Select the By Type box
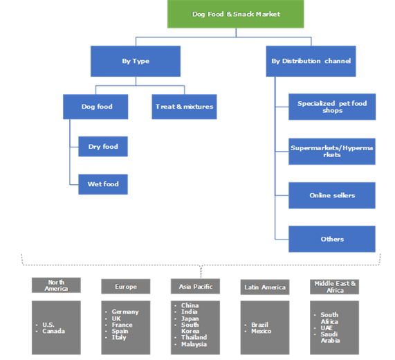(x=135, y=61)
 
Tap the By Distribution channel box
(x=309, y=61)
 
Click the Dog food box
(x=97, y=107)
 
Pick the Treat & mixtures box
(x=183, y=107)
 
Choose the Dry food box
(x=102, y=147)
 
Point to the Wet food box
(x=102, y=184)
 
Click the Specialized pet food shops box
(x=332, y=107)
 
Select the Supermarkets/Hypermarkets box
(x=332, y=151)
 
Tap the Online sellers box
(x=332, y=195)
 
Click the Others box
(x=332, y=239)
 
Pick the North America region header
(x=56, y=285)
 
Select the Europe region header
(x=126, y=286)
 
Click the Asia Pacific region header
(x=195, y=286)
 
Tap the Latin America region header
(x=264, y=286)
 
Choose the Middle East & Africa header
(x=334, y=286)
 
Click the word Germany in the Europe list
(x=125, y=312)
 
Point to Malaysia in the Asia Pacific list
(x=194, y=344)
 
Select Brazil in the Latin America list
(x=261, y=324)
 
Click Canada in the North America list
(x=54, y=331)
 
